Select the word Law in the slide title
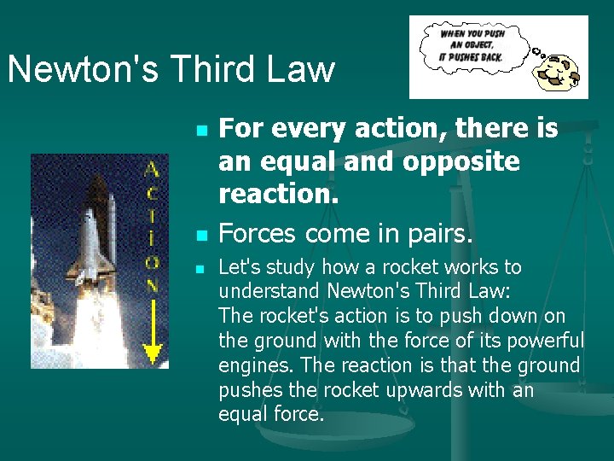click(x=305, y=69)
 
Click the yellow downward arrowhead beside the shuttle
click(x=151, y=351)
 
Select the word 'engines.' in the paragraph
click(x=253, y=366)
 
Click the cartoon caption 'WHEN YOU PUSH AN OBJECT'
click(x=472, y=39)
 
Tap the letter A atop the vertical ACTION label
click(x=151, y=168)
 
